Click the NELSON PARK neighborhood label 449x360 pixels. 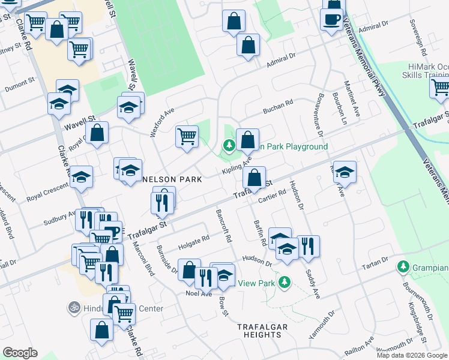click(x=173, y=179)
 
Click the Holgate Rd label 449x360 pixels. click(x=194, y=242)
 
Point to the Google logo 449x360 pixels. click(x=20, y=353)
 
